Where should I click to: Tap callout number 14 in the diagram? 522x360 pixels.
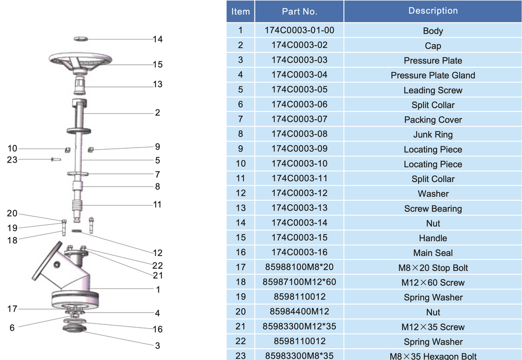coord(157,39)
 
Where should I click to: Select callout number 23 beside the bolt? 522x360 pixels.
coord(12,160)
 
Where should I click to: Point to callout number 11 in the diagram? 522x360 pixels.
coord(157,204)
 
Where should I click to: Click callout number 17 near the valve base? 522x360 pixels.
coord(12,309)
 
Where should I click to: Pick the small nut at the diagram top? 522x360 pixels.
coord(81,39)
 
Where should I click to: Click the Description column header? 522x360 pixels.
coord(433,11)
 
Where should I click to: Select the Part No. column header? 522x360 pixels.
coord(299,11)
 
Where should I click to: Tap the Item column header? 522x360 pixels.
coord(240,11)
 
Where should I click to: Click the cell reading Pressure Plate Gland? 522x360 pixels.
coord(433,76)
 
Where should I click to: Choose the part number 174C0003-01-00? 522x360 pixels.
coord(299,30)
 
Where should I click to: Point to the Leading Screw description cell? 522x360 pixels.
coord(433,91)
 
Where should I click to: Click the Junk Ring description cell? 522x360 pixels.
coord(433,135)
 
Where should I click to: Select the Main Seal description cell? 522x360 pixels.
coord(433,253)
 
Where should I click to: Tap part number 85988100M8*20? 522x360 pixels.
coord(299,267)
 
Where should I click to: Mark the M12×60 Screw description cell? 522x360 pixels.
coord(433,283)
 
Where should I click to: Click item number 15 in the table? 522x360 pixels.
coord(240,238)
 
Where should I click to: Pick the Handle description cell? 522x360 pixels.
coord(433,238)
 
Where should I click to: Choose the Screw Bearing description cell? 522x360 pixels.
coord(433,209)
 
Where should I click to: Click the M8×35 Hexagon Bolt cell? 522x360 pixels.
coord(433,356)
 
